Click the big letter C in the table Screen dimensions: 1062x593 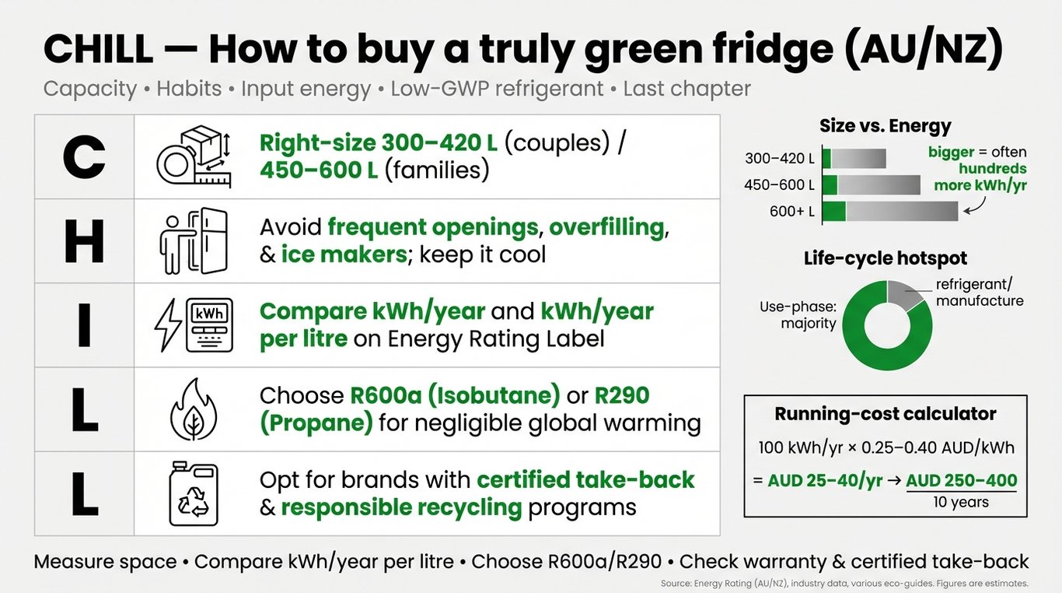(x=84, y=157)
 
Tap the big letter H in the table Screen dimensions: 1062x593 (x=84, y=241)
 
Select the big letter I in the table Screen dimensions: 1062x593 (x=84, y=325)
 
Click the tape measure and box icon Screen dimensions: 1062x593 (x=194, y=157)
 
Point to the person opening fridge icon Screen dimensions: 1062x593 (x=194, y=241)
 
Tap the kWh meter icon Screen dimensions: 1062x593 (x=194, y=325)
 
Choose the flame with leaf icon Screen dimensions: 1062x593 (x=194, y=409)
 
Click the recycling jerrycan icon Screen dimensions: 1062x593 (x=194, y=494)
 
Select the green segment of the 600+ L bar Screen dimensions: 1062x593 (x=834, y=211)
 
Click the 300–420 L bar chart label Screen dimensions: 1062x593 (x=780, y=158)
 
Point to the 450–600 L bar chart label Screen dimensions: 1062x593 (x=779, y=184)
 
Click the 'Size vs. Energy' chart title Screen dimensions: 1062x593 (x=886, y=126)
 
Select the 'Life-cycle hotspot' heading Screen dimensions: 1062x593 (x=886, y=258)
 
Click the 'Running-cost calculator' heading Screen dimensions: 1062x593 (x=886, y=414)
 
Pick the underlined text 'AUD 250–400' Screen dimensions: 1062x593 (x=962, y=481)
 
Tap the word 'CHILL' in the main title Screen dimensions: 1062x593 (x=98, y=49)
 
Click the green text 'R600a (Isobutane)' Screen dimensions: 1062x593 (x=455, y=395)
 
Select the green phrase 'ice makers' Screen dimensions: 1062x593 (x=344, y=254)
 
